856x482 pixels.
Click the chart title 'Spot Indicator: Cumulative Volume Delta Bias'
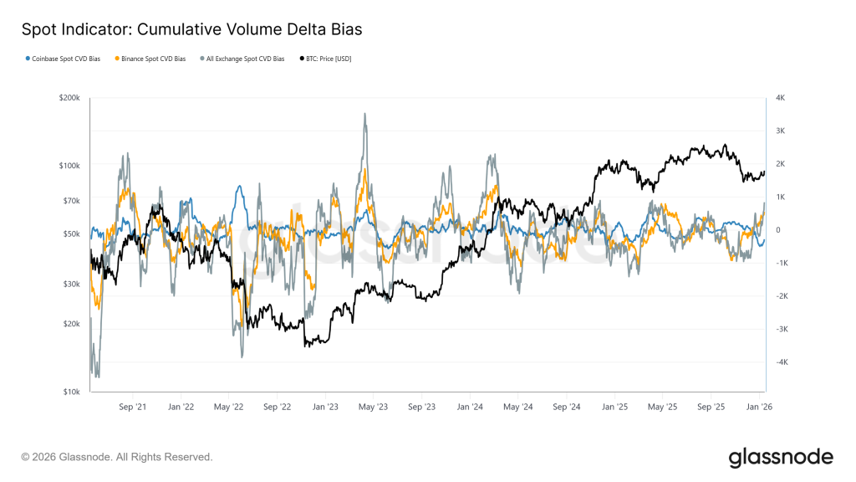click(x=191, y=30)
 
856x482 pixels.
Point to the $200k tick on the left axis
click(x=69, y=98)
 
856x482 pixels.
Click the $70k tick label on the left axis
click(x=71, y=201)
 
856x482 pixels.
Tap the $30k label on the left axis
click(x=71, y=285)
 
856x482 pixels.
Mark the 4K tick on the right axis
click(x=780, y=98)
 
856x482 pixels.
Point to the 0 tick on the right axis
click(x=778, y=230)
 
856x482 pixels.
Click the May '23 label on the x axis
click(x=373, y=407)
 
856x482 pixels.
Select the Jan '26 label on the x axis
click(x=759, y=407)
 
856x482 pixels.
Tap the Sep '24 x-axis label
click(x=567, y=407)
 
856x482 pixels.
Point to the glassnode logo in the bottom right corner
click(x=781, y=457)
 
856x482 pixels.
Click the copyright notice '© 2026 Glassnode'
click(x=117, y=457)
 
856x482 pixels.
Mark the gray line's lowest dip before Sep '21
click(x=97, y=376)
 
